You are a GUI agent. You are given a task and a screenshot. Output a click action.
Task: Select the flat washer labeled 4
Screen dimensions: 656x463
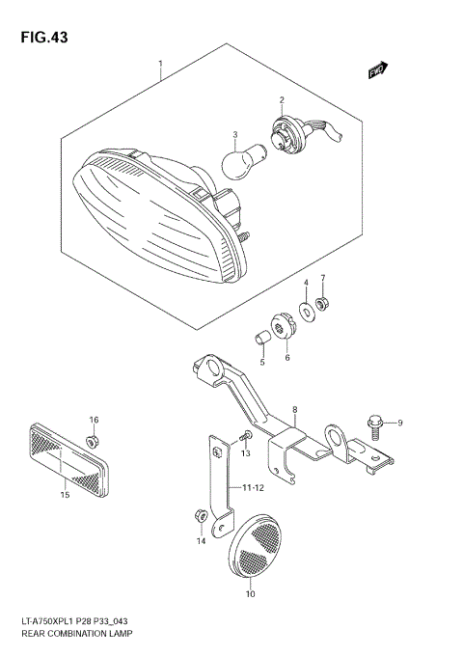click(x=306, y=312)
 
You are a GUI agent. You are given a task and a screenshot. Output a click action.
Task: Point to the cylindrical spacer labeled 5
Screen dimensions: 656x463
click(x=259, y=338)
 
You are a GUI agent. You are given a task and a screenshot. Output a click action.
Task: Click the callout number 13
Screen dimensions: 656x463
click(x=246, y=452)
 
